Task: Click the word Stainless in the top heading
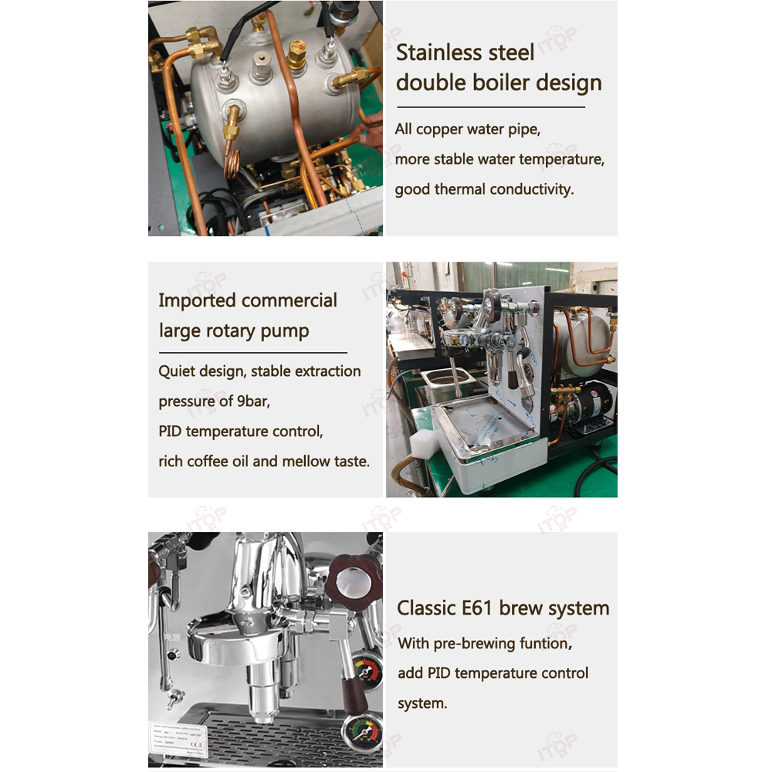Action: click(x=465, y=52)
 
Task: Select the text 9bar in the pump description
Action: click(x=253, y=401)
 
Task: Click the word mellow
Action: click(x=306, y=462)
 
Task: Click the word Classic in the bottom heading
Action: click(x=426, y=608)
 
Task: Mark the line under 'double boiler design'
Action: click(x=491, y=107)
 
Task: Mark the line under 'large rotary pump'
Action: click(x=253, y=353)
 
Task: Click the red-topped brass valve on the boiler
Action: click(x=297, y=54)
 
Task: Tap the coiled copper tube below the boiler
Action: click(x=232, y=163)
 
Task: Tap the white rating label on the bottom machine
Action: click(x=178, y=739)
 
